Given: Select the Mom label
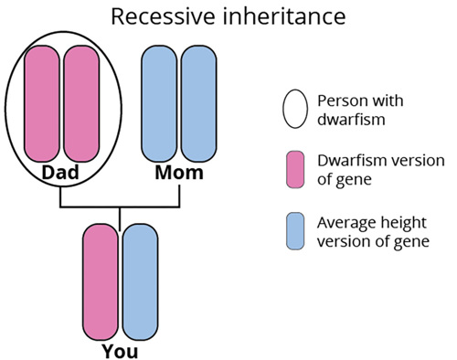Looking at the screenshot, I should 179,172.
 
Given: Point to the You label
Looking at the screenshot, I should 121,348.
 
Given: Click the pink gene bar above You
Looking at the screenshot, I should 101,279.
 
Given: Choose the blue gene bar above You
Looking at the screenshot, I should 140,279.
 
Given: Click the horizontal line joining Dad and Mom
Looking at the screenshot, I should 120,206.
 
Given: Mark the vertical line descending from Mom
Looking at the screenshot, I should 179,194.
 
